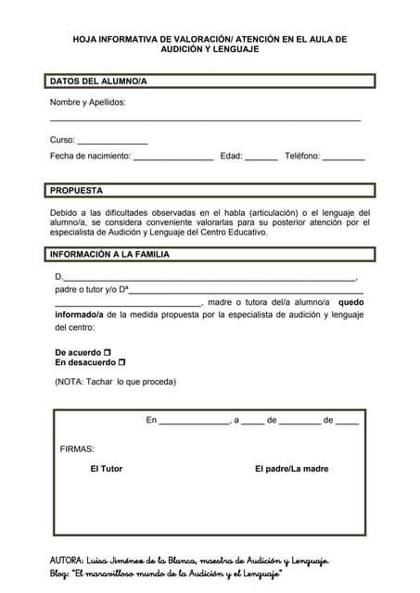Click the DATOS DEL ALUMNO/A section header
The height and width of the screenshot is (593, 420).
98,82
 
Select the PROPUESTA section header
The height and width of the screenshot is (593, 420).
76,190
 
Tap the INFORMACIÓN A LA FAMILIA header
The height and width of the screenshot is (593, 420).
109,253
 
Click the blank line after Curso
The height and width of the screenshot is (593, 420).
112,141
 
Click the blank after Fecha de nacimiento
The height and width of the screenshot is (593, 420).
173,158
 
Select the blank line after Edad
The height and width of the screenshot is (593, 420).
261,158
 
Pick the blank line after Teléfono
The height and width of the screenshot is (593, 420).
343,158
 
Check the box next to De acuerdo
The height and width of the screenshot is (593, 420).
108,353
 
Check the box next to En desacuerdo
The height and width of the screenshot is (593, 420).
121,363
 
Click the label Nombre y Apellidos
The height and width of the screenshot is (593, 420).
87,103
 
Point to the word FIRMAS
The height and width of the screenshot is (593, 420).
77,448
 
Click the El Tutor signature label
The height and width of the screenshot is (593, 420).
106,469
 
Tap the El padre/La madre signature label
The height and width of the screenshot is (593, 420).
291,469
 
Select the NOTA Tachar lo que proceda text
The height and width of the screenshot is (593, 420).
115,382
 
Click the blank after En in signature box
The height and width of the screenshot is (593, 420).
194,422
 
